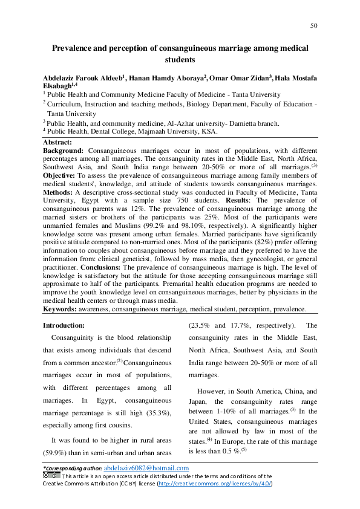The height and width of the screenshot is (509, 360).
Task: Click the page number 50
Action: pos(313,25)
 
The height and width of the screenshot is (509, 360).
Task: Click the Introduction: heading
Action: pos(64,325)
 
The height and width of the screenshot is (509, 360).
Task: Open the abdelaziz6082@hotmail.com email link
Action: pos(146,468)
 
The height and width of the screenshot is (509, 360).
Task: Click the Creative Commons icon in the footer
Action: pos(51,476)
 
